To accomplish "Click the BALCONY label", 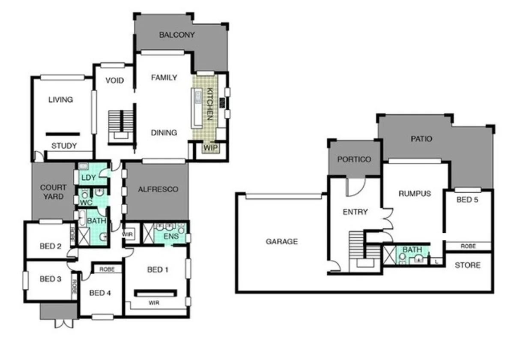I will pos(176,35).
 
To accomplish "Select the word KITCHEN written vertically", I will pos(210,104).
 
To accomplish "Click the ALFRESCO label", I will pos(158,189).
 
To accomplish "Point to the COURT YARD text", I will pos(53,192).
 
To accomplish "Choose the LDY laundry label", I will pos(88,177).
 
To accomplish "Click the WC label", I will pos(87,202).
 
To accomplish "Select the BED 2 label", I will pos(50,246).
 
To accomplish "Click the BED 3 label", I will pos(50,279).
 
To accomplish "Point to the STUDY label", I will pos(64,146).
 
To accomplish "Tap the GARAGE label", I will pos(281,242).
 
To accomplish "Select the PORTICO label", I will pos(354,159).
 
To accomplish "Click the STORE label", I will pos(468,265).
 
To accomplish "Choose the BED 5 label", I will pos(468,199).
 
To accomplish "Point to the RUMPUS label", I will pos(415,193).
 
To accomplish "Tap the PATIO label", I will pos(421,139).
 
